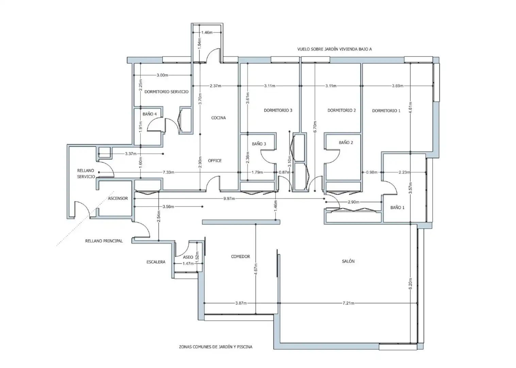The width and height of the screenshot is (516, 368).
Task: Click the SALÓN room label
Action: point(348,261)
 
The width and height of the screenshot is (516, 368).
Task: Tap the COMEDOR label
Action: point(240,256)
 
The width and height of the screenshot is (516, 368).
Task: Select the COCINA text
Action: point(218,118)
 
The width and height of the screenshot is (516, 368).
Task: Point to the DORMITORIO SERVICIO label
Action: point(166,92)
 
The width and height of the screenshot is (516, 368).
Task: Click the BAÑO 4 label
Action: point(150,114)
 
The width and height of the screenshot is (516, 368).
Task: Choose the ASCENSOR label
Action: point(118,198)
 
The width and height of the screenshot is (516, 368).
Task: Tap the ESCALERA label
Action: point(156,262)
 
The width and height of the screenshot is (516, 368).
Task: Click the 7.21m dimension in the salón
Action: point(348,303)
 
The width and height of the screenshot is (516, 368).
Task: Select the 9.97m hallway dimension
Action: point(229,198)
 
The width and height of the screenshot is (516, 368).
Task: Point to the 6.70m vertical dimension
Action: point(315,127)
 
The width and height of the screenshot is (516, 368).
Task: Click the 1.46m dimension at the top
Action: point(207,32)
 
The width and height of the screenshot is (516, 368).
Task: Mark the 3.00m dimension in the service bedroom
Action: point(162,75)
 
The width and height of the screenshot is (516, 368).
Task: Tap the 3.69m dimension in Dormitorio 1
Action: point(398,86)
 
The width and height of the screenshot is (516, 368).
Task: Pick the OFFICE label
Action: point(215,160)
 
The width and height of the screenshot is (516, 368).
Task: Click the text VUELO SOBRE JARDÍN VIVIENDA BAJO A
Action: point(334,49)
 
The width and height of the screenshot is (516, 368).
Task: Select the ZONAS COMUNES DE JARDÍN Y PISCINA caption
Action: point(216,353)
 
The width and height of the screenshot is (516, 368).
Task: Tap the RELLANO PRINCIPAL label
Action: point(104,241)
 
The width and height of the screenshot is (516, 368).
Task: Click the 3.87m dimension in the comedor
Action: point(241,303)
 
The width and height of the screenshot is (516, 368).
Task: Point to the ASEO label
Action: point(188,257)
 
